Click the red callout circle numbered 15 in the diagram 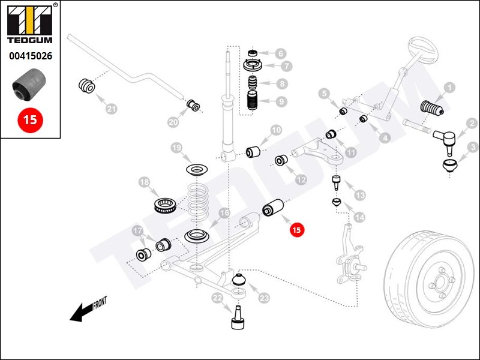point(296,229)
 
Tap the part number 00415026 point(30,57)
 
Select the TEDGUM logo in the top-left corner point(30,25)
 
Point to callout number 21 point(111,109)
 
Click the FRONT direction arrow point(84,311)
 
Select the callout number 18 point(144,182)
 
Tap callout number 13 point(359,195)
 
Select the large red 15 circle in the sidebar point(29,119)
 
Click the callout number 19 point(176,148)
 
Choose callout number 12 point(301,178)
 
